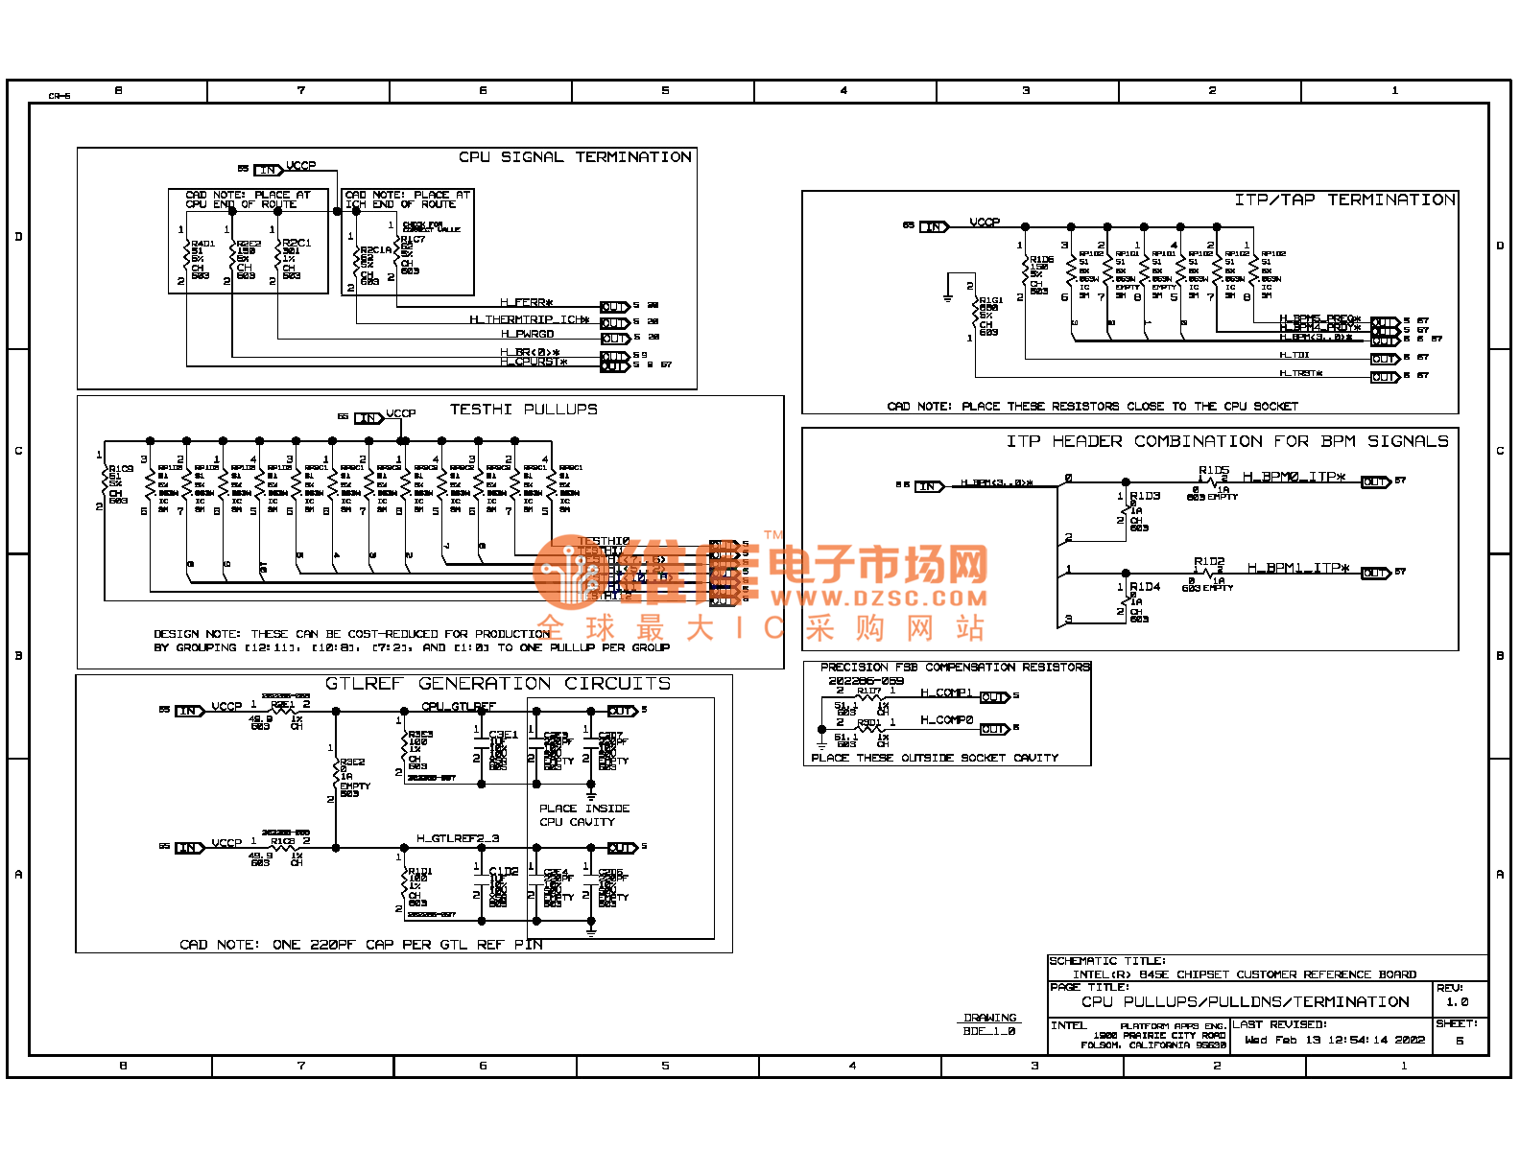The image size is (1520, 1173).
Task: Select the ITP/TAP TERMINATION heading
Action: coord(1344,199)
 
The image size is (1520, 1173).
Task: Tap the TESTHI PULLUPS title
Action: coord(524,410)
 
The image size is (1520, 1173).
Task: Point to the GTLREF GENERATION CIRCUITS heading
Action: coord(498,684)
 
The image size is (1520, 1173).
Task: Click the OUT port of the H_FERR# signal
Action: coord(614,307)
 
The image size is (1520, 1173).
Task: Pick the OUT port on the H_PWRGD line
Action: coord(614,339)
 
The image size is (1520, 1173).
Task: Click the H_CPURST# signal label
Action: coord(534,363)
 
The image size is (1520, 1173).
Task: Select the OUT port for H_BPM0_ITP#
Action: coord(1375,482)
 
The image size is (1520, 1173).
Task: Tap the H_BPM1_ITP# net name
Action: coord(1298,568)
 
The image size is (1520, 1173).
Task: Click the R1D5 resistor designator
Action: coord(1213,470)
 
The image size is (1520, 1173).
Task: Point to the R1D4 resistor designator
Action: coord(1145,586)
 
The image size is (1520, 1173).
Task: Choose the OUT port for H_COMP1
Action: coord(994,697)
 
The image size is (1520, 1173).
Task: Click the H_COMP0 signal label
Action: coord(946,720)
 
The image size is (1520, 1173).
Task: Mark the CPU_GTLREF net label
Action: coord(459,707)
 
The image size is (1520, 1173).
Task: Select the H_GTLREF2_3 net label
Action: coord(458,838)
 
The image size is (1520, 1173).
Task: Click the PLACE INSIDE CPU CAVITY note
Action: coord(583,815)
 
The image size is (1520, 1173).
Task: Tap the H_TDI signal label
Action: coord(1294,355)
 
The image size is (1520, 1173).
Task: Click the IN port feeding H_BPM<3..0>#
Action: coord(929,486)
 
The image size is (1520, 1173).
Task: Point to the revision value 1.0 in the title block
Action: coord(1457,1002)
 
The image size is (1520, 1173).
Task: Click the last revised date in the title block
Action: coord(1335,1040)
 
